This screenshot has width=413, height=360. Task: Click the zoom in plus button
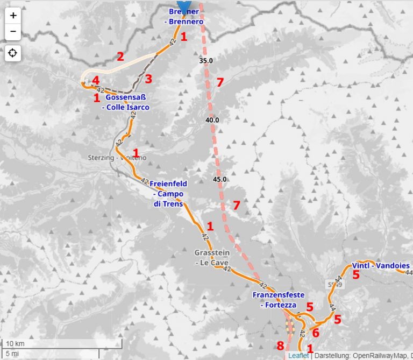[x=13, y=16]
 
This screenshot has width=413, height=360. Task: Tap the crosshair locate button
[x=13, y=53]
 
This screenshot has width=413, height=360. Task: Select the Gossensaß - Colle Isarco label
[x=127, y=102]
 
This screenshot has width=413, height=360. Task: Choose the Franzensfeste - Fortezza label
[x=278, y=300]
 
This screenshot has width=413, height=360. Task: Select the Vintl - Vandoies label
[x=380, y=265]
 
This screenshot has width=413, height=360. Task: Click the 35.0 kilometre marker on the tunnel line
[x=205, y=61]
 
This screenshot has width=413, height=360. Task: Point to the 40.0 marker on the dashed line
[x=212, y=120]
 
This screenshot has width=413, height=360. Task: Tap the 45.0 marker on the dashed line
[x=219, y=179]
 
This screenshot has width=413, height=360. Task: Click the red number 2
[x=120, y=56]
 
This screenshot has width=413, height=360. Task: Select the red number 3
[x=148, y=79]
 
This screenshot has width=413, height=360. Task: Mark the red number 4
[x=95, y=81]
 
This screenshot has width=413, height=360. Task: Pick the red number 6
[x=316, y=332]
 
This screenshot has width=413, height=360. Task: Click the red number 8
[x=280, y=345]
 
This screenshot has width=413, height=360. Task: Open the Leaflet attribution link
[x=298, y=356]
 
